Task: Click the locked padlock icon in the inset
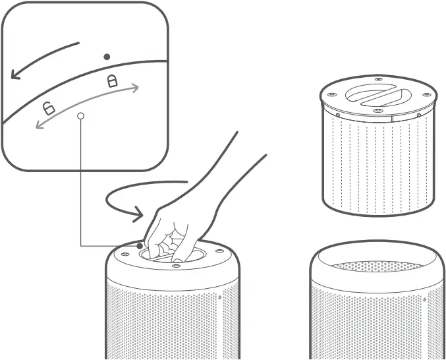pyautogui.click(x=112, y=81)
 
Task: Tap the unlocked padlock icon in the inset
pyautogui.click(x=48, y=107)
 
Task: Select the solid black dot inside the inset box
pyautogui.click(x=107, y=57)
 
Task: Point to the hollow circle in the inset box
pyautogui.click(x=81, y=115)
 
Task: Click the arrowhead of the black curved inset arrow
pyautogui.click(x=14, y=75)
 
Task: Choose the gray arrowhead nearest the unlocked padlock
pyautogui.click(x=39, y=125)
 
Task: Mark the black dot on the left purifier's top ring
pyautogui.click(x=140, y=246)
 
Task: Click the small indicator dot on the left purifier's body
pyautogui.click(x=219, y=297)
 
